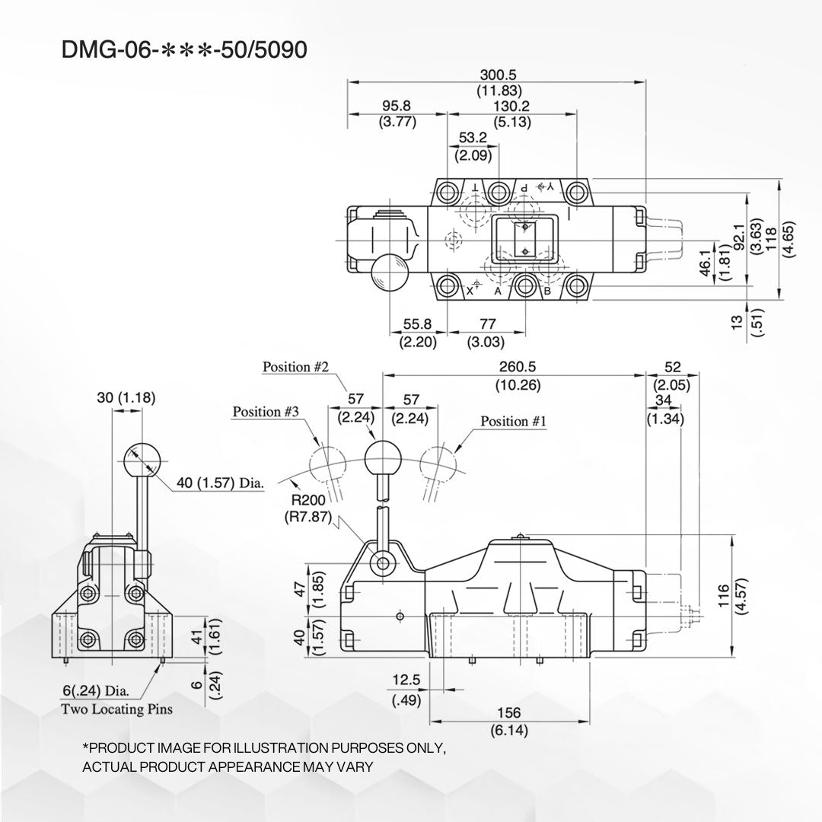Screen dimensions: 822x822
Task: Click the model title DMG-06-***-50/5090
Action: [185, 50]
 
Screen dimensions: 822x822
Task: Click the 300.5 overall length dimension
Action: [499, 75]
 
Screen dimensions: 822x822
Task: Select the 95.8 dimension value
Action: [397, 107]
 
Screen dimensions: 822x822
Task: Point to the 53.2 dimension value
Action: [473, 139]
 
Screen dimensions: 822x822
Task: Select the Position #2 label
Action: [295, 367]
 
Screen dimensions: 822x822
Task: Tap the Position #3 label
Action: [266, 412]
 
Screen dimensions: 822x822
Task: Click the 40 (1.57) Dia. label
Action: [220, 483]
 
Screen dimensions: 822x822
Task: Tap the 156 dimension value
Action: [509, 713]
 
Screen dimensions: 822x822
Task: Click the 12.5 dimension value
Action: [406, 680]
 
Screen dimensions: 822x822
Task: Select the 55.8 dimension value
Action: [418, 323]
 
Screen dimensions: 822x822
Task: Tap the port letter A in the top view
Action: [498, 291]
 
